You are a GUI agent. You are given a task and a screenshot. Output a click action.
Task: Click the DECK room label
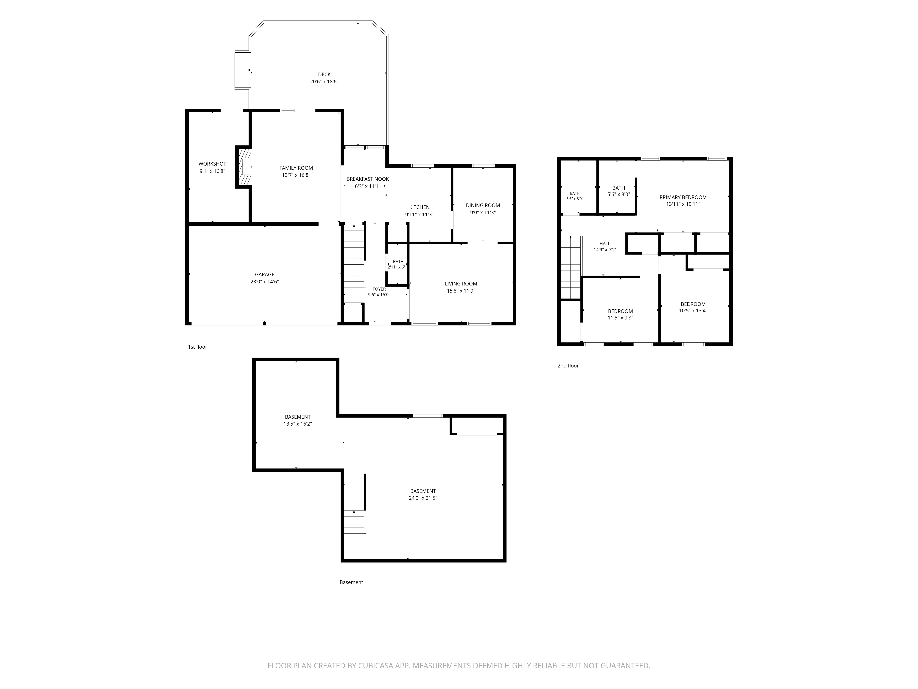[x=324, y=75]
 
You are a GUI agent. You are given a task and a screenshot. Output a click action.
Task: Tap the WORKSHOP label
[x=213, y=164]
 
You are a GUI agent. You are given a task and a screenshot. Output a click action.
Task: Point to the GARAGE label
[x=265, y=274]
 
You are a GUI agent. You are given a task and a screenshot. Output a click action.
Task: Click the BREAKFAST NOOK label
[x=368, y=179]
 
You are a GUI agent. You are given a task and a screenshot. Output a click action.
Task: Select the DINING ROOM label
[x=483, y=206]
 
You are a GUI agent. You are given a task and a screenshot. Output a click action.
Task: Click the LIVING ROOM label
[x=461, y=284]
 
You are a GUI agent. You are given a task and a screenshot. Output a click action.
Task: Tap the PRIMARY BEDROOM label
[x=683, y=198]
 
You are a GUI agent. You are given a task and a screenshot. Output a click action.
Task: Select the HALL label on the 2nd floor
[x=605, y=244]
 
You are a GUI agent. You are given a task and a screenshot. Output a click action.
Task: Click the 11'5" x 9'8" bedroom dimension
[x=620, y=318]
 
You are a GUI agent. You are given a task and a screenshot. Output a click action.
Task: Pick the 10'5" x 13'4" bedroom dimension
[x=693, y=311]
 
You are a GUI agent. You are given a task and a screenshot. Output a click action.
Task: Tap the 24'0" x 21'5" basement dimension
[x=423, y=498]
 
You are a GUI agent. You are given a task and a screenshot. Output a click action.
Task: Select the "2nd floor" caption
[x=568, y=366]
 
